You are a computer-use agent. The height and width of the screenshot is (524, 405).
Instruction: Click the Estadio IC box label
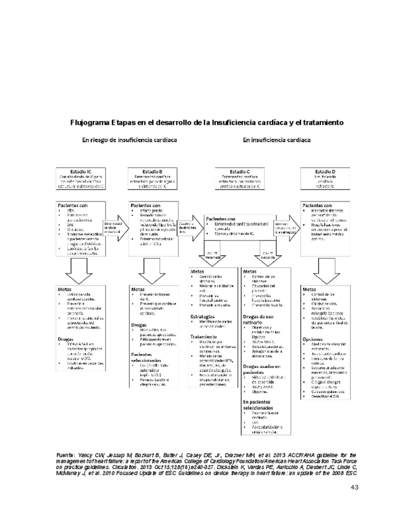(81, 171)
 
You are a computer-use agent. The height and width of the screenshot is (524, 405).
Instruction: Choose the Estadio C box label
(239, 171)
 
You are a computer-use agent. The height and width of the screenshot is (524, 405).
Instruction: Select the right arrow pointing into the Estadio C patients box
(191, 227)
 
